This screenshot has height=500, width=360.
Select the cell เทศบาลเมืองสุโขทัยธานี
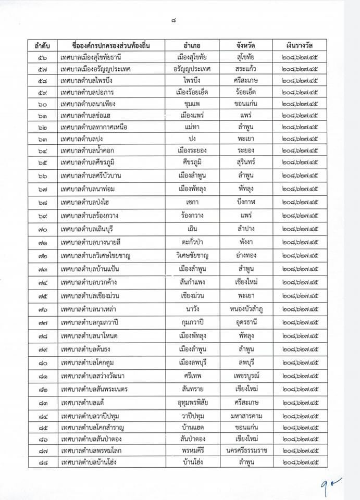pyautogui.click(x=94, y=57)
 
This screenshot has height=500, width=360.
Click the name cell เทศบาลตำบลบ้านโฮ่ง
pyautogui.click(x=89, y=462)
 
